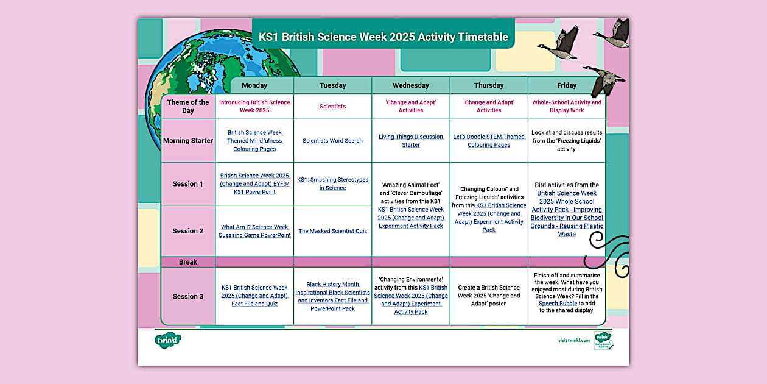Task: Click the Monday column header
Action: [x=254, y=85]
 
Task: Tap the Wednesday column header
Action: [x=411, y=85]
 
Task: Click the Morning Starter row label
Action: [x=188, y=141]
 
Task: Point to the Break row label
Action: [x=188, y=262]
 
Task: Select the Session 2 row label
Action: [x=188, y=231]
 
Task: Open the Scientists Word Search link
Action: [x=332, y=141]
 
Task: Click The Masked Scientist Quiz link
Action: [x=332, y=231]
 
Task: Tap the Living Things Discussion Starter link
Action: [x=411, y=141]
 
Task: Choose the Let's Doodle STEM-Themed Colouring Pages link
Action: [x=489, y=141]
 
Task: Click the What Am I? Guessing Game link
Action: [x=254, y=231]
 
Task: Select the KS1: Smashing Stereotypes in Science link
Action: [x=332, y=183]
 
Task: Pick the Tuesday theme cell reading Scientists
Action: [x=332, y=107]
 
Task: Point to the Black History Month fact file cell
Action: [x=332, y=296]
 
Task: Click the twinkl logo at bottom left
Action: [x=168, y=340]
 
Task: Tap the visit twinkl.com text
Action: [x=573, y=340]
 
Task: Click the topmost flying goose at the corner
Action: [x=615, y=34]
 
